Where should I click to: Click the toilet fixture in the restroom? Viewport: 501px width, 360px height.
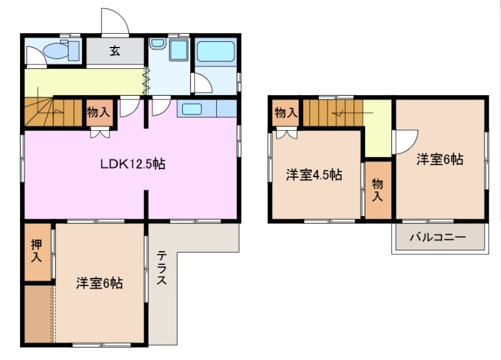point(63,50)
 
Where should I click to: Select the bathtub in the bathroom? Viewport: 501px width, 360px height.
point(215,51)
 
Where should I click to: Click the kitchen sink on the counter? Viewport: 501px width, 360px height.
point(192,109)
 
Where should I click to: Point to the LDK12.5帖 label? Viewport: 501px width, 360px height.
point(133,165)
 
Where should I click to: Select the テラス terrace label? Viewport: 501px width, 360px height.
point(162,268)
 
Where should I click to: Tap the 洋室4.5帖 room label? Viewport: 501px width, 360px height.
point(314,175)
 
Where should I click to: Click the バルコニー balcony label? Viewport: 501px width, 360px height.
point(438,237)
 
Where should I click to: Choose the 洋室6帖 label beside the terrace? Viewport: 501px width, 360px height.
point(100,283)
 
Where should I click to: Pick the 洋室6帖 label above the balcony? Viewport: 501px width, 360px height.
point(440,159)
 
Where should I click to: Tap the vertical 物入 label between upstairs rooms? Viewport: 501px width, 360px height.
point(377,190)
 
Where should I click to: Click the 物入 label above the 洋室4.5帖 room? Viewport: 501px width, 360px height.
point(286,113)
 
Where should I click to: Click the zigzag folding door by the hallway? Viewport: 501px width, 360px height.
point(146,82)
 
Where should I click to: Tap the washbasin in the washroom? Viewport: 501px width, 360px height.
point(157,45)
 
